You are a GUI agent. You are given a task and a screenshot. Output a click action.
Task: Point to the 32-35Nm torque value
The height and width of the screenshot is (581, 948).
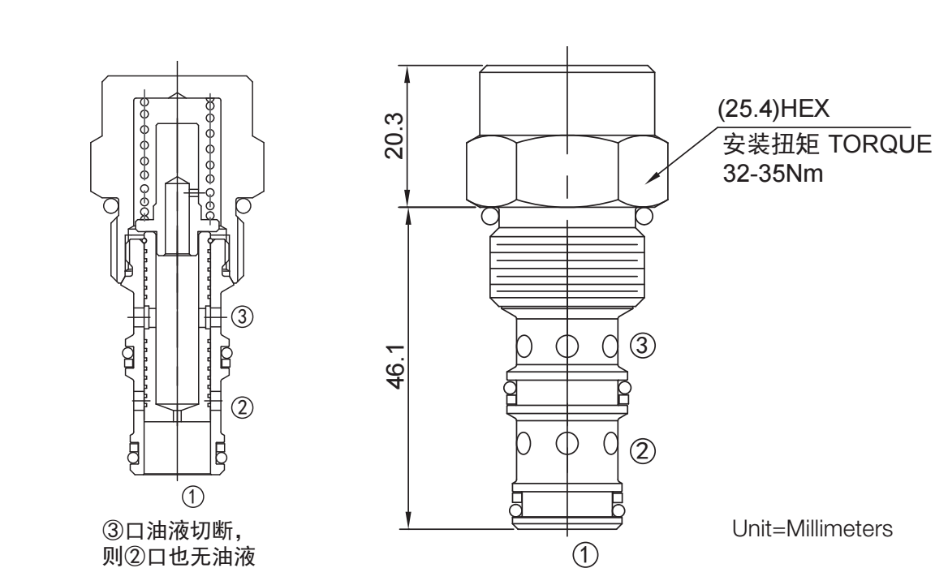[773, 175]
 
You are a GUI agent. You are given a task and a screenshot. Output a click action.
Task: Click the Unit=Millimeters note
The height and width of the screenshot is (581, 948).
[812, 528]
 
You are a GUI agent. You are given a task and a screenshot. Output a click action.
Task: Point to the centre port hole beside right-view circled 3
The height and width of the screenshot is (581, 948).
[567, 344]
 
